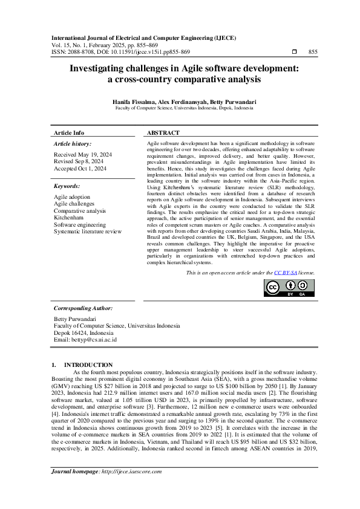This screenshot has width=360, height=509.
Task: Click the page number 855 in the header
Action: tap(313, 52)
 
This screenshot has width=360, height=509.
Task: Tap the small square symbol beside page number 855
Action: tap(294, 52)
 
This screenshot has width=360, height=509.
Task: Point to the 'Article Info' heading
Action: tap(69, 132)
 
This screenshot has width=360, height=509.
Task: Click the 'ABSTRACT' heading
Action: tap(163, 132)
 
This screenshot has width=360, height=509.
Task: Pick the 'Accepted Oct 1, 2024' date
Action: tap(80, 169)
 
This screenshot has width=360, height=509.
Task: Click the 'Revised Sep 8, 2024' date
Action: tap(78, 162)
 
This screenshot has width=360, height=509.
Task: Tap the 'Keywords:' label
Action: tap(67, 186)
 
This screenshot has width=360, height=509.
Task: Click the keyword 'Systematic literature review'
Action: tap(88, 231)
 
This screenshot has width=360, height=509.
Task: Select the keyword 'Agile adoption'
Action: tap(72, 197)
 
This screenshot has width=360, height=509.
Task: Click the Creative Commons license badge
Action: tap(289, 288)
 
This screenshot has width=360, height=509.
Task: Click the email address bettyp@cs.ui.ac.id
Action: tap(95, 340)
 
